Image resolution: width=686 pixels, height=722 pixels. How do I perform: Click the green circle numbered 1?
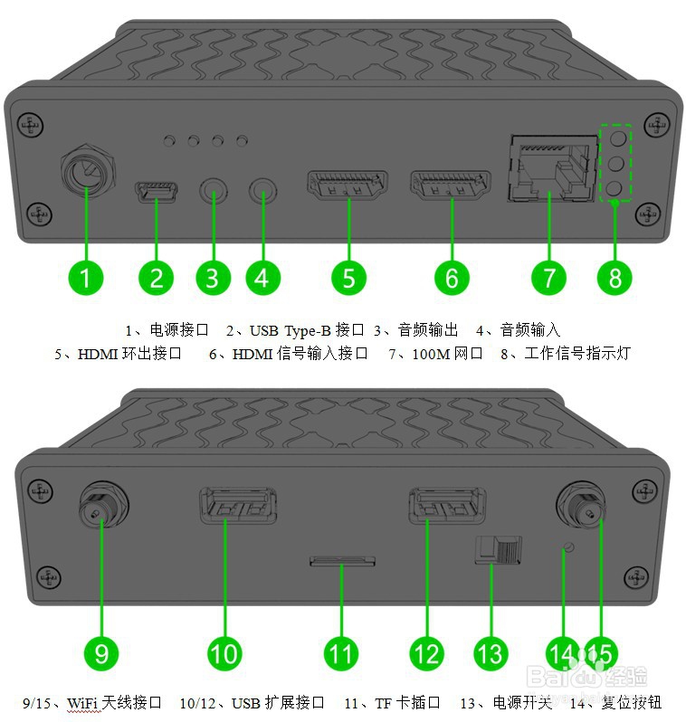pyautogui.click(x=85, y=276)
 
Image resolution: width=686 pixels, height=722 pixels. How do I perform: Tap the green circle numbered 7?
pyautogui.click(x=548, y=276)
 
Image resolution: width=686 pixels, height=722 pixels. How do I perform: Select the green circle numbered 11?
pyautogui.click(x=340, y=652)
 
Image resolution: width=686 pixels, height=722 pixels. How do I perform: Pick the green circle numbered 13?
pyautogui.click(x=491, y=652)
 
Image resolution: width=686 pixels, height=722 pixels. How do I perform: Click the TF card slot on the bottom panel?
pyautogui.click(x=342, y=562)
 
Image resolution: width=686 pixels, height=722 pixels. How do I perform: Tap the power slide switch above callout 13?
pyautogui.click(x=499, y=548)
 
